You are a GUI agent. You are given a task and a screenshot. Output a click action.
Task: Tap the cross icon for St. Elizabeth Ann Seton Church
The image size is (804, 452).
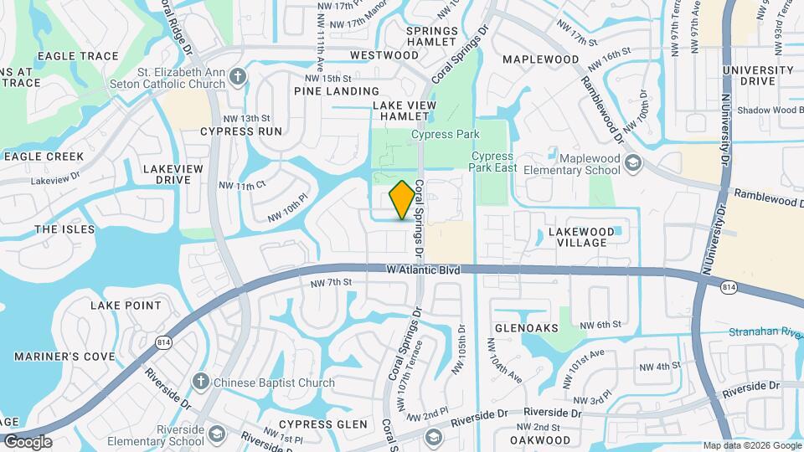tap(238, 77)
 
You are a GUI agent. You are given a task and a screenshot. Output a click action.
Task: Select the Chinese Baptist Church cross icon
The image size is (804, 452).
tap(200, 383)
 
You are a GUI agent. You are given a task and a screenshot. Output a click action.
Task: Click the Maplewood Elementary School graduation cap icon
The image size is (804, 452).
tap(633, 162)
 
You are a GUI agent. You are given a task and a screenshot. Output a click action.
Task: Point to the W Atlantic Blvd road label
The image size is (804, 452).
tap(424, 270)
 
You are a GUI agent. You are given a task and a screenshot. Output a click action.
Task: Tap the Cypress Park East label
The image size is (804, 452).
tap(491, 162)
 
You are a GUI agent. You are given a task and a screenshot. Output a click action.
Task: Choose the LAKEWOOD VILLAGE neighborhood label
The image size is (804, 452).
tap(577, 236)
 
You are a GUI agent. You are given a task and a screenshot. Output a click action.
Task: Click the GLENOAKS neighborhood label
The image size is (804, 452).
tap(526, 327)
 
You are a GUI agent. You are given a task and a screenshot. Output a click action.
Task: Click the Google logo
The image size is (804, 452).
tap(27, 441)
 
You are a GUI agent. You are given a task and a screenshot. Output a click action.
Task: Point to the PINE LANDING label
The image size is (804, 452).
tap(337, 90)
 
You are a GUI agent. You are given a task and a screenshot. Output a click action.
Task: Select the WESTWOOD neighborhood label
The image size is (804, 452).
tap(384, 55)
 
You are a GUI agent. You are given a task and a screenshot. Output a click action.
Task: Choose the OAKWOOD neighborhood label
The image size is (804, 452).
tap(540, 439)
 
